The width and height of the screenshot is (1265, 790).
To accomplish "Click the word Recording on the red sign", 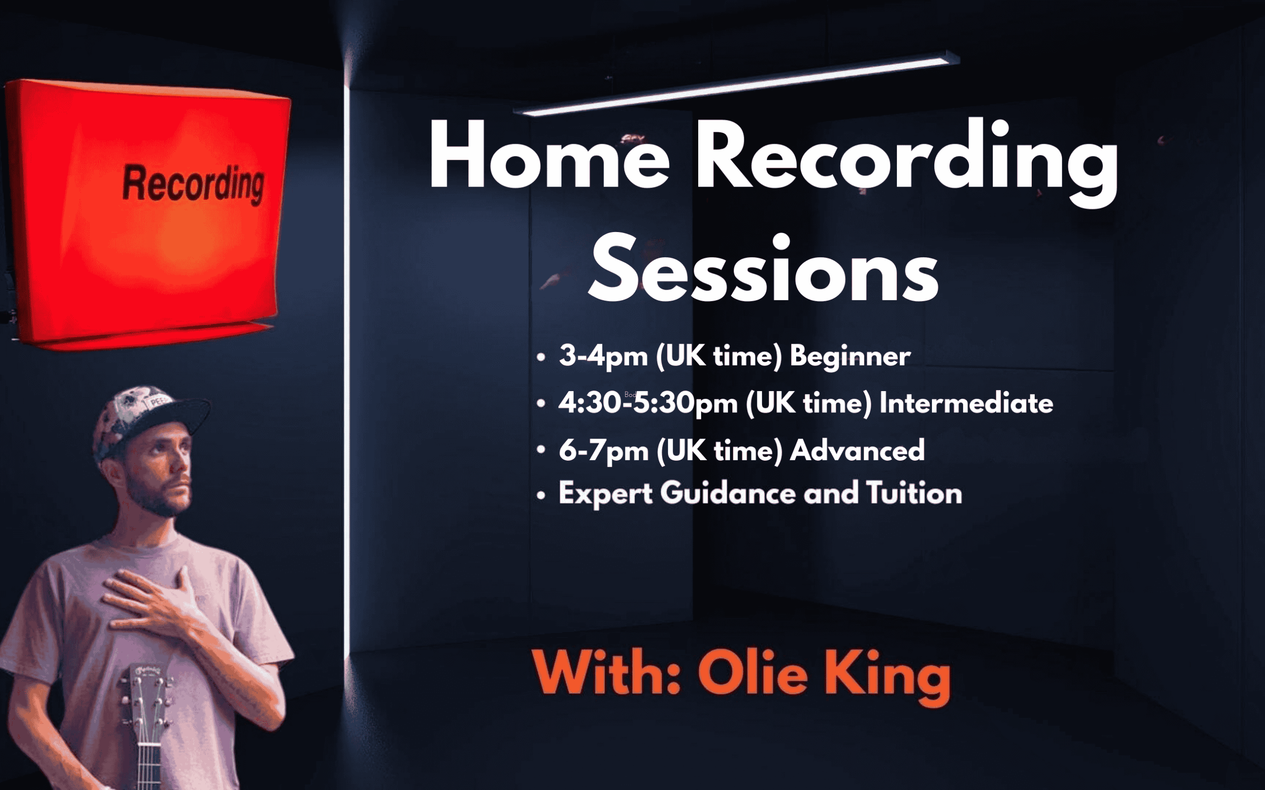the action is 193,183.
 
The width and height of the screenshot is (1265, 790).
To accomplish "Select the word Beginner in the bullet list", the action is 850,357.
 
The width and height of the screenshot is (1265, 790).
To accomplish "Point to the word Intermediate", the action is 966,403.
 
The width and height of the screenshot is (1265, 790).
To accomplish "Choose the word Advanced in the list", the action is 857,450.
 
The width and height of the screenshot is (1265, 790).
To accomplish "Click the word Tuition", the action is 914,493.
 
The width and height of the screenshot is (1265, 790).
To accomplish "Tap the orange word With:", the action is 606,672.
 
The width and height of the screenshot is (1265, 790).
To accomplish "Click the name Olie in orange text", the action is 753,672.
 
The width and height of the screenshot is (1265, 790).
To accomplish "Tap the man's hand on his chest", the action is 152,601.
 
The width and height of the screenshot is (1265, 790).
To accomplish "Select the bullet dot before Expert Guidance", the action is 541,495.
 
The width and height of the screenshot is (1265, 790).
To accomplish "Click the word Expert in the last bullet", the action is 605,494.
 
